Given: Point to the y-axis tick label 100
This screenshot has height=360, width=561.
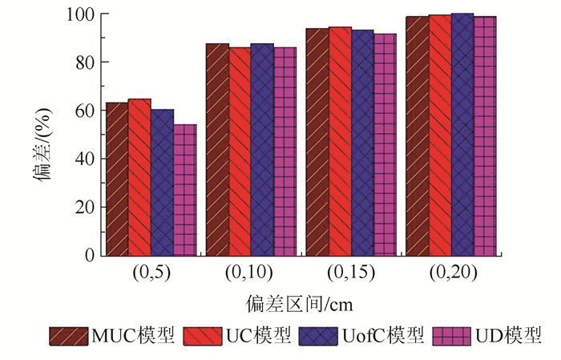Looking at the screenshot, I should (x=79, y=14).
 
